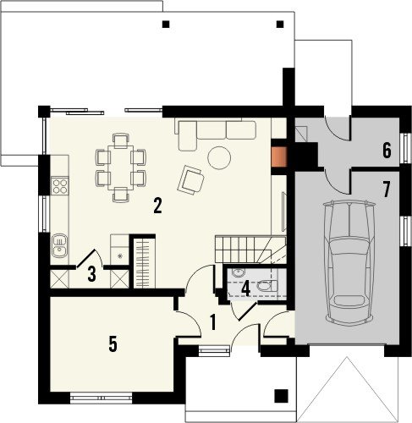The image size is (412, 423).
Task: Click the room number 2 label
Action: click(x=157, y=206)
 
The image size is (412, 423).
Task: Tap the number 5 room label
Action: click(x=113, y=344)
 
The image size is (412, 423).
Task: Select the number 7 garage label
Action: click(x=386, y=190)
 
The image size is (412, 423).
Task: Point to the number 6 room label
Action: click(x=387, y=150)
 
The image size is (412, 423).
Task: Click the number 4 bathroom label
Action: click(x=246, y=288)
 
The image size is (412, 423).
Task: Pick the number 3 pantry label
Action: click(x=91, y=274)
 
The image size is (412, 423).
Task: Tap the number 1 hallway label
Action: click(x=213, y=322)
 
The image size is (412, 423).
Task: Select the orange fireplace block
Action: click(x=278, y=157)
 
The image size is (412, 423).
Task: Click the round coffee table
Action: click(x=219, y=157)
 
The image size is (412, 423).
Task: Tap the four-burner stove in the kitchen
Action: click(x=60, y=186)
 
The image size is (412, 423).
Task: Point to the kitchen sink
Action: click(x=59, y=245)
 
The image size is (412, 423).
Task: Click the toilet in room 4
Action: click(x=266, y=286)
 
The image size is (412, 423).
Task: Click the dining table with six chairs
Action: click(x=121, y=168)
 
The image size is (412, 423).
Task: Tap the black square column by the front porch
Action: click(x=281, y=396)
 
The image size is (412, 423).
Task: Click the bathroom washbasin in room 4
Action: click(x=239, y=273)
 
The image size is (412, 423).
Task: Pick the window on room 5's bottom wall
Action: click(x=101, y=398)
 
